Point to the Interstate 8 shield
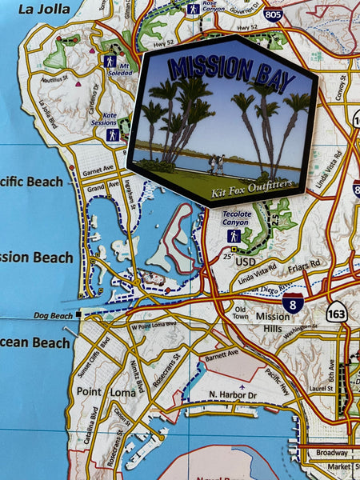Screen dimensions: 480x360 pos(293,302)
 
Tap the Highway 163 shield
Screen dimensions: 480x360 pos(337,312)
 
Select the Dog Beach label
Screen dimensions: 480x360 pos(54,316)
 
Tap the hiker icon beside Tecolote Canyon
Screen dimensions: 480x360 pos(234,236)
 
